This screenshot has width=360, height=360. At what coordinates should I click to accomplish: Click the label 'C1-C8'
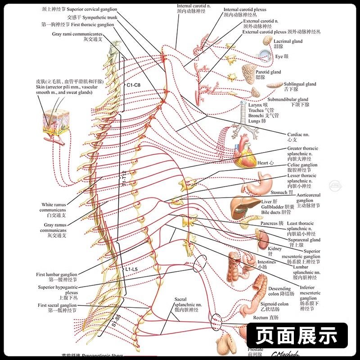click(134, 85)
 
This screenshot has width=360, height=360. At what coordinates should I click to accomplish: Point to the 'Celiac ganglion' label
click(302, 165)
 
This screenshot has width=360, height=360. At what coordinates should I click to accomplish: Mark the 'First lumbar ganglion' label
click(57, 274)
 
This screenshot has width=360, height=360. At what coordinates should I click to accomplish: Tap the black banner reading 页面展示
click(297, 335)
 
